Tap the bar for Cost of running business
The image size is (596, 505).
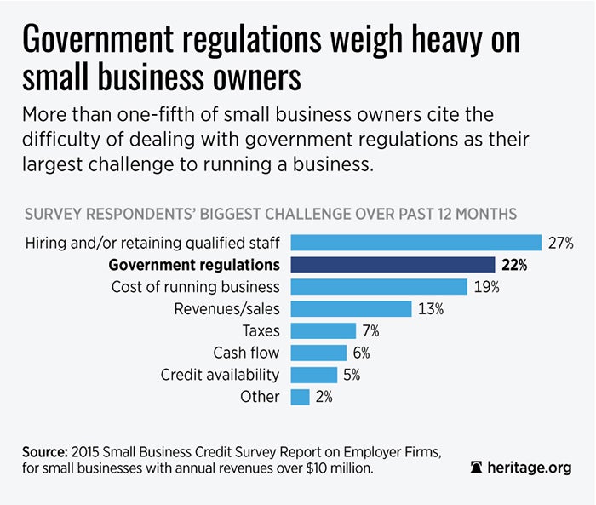379,287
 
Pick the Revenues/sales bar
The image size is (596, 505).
351,308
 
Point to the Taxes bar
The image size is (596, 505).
323,330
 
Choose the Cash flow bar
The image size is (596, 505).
318,353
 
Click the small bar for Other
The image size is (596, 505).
300,397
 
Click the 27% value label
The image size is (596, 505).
561,243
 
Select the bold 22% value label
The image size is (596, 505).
513,265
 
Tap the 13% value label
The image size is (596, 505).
431,308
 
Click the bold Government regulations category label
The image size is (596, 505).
194,265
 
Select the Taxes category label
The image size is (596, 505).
260,330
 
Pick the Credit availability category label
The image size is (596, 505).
221,375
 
